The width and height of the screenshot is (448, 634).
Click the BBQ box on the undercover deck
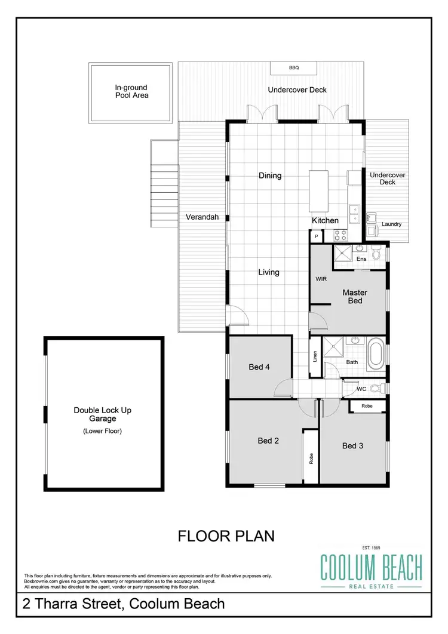293,68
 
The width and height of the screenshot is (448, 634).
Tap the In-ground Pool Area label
132,91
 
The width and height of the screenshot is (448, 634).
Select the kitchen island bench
318,191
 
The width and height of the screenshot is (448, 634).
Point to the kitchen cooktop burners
340,235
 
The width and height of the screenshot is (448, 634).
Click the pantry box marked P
316,237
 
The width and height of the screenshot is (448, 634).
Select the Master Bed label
355,297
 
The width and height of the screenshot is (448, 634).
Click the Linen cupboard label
315,357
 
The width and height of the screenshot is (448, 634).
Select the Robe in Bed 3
367,406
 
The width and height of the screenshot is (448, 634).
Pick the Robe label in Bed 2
311,458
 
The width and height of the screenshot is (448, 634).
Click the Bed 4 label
259,367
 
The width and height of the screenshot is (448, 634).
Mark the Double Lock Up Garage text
102,414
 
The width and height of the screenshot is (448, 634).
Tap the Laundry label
391,224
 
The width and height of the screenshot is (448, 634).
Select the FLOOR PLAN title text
226,536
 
